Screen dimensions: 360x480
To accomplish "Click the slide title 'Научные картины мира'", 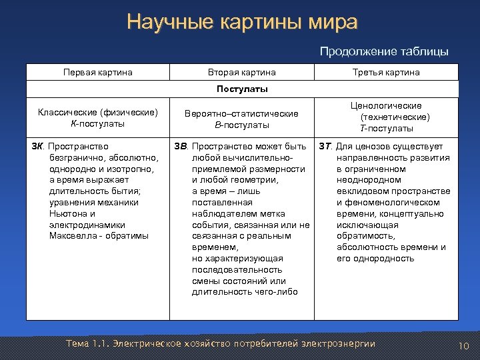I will pos(242,22).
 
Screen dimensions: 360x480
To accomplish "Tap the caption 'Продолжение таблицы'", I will pos(384,51).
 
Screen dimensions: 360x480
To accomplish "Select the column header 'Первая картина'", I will pos(97,72).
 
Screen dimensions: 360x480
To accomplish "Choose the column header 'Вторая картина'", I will pos(242,72).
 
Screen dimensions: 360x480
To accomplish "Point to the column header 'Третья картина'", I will pos(386,72).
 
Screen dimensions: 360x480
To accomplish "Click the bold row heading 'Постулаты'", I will pos(242,89).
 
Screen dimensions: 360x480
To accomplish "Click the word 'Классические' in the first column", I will pos(67,112).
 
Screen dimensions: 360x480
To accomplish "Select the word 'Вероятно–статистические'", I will pos(241,114).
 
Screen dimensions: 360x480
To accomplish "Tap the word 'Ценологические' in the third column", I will pos(387,105).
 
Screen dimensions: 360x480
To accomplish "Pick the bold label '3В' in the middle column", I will pos(181,146).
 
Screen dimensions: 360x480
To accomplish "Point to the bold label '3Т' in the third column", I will pos(325,146).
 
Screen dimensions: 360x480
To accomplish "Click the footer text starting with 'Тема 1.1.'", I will pos(221,343).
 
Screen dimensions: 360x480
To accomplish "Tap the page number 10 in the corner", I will pos(465,345).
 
